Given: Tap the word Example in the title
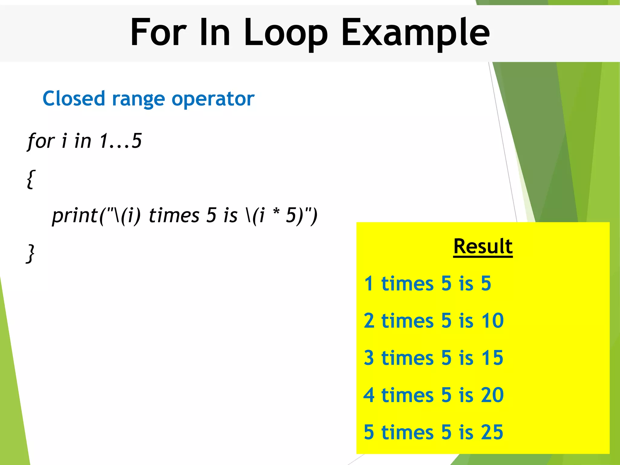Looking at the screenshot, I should [415, 33].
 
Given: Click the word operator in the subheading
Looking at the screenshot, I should [213, 99].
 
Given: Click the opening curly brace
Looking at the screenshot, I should [31, 179].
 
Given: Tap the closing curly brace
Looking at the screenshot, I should [31, 254].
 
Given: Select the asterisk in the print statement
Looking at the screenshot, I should [276, 212].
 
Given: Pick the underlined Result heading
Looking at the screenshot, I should [483, 246].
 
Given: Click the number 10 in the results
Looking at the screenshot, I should [492, 321].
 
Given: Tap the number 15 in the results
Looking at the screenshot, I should [492, 358].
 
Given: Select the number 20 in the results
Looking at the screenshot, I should [492, 395].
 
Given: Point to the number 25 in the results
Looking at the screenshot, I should [492, 432].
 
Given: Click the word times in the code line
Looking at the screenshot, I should [174, 216].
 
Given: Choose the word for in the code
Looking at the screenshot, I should [41, 141].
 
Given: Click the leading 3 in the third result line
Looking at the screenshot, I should [369, 358].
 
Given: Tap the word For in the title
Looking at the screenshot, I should [158, 33].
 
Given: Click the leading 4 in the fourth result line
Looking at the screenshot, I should [369, 395].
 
